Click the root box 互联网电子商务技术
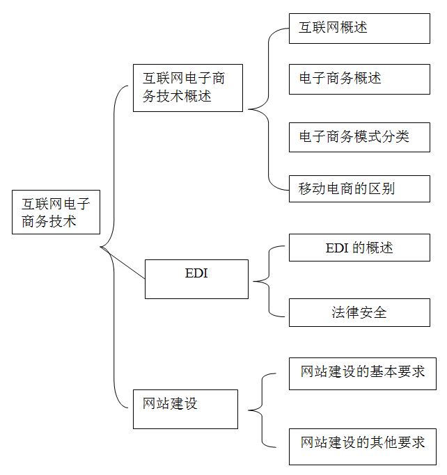[56, 212]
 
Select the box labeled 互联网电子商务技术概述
[188, 88]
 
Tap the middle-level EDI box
[196, 280]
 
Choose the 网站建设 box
[186, 409]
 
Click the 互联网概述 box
[359, 29]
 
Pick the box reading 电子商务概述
[359, 79]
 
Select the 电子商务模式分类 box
[359, 137]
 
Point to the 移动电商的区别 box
[359, 188]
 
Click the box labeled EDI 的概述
[359, 248]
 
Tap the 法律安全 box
[359, 313]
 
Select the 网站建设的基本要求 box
[363, 373]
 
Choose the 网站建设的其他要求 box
[363, 446]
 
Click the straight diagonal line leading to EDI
[123, 263]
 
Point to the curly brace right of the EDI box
[269, 281]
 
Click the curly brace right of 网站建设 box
[262, 410]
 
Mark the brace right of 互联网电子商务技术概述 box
[268, 109]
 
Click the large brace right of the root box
[114, 247]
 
